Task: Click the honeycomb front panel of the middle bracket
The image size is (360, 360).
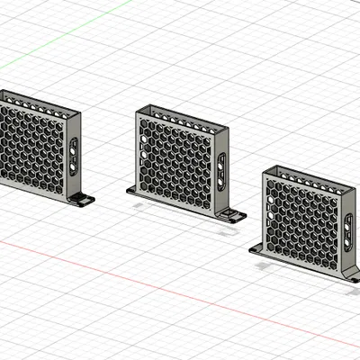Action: tap(175, 162)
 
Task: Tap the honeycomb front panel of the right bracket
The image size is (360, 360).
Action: tap(301, 220)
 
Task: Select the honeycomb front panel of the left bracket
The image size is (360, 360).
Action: tap(31, 148)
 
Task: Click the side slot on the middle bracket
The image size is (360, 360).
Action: tap(221, 171)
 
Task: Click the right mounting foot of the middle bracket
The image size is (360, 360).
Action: tap(233, 216)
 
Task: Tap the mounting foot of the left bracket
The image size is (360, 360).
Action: tap(83, 199)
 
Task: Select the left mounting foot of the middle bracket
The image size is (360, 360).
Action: tap(132, 189)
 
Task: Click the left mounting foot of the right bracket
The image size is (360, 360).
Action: tap(257, 248)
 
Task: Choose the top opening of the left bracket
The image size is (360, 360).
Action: tap(40, 106)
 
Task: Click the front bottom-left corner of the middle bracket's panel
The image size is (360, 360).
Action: tap(138, 185)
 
